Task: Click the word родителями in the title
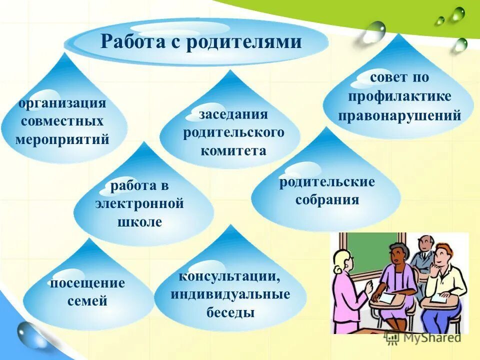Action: [244, 41]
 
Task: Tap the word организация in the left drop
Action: [62, 103]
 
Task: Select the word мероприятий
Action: [62, 139]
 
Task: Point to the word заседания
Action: [233, 114]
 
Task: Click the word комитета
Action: [233, 150]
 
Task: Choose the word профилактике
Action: [399, 96]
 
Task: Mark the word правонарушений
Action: [399, 115]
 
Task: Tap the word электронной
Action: [139, 204]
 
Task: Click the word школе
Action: [139, 222]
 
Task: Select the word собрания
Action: [327, 200]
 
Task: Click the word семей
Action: [87, 301]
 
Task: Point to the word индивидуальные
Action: [230, 294]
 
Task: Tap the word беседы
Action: [230, 313]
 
